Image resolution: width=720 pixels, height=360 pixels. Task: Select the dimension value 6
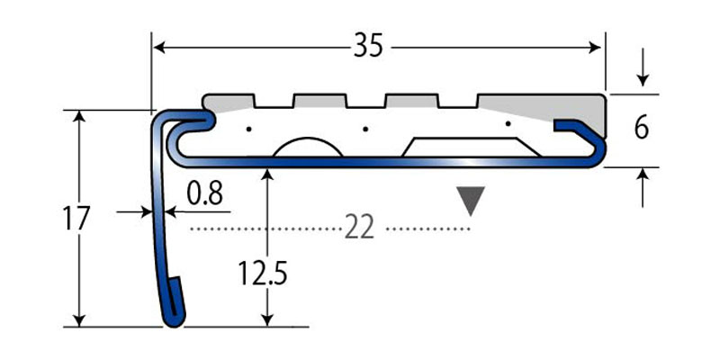[x=641, y=129]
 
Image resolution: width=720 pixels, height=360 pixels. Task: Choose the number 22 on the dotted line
[x=360, y=229]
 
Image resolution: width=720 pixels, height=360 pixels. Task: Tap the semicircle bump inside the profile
[x=305, y=149]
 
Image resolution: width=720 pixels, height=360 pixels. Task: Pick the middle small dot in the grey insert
[x=365, y=130]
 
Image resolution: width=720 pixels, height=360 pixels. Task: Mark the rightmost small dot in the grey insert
[x=508, y=123]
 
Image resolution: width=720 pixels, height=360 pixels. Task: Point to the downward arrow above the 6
[x=641, y=82]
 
